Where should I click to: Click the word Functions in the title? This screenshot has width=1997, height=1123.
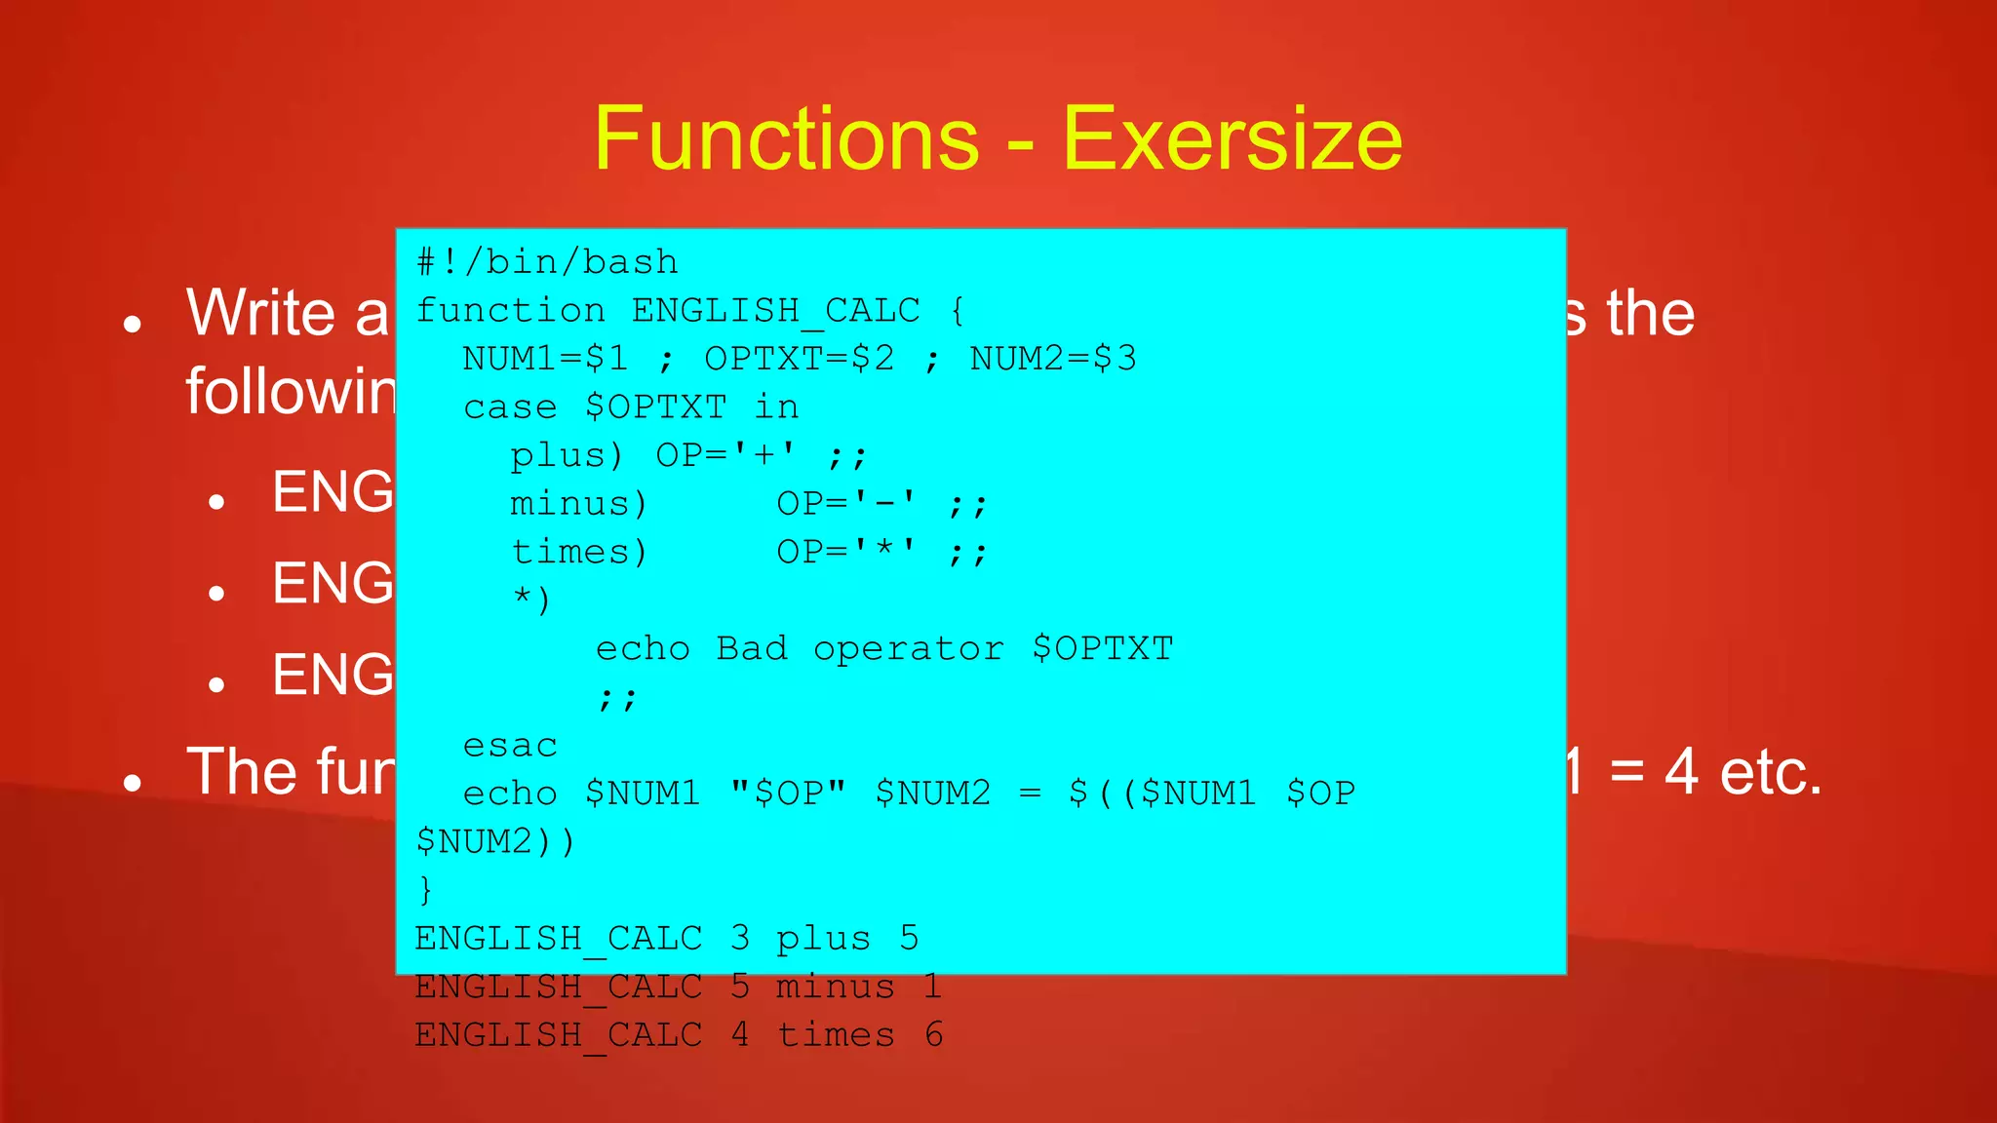click(x=786, y=138)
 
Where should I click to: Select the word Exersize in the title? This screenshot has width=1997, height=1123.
click(x=1233, y=138)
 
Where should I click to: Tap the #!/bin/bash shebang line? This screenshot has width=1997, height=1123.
click(x=547, y=262)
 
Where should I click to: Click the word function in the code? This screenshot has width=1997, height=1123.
click(x=510, y=311)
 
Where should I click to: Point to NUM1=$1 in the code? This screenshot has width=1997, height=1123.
click(x=545, y=359)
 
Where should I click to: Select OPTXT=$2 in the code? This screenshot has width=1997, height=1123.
click(x=799, y=359)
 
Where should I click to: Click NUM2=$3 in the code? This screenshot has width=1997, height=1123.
click(x=1052, y=359)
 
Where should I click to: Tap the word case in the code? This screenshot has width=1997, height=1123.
click(x=510, y=407)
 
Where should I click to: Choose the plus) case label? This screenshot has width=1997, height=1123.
click(x=566, y=455)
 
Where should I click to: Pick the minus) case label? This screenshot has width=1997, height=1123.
click(x=578, y=504)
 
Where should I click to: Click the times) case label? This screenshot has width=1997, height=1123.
click(x=578, y=553)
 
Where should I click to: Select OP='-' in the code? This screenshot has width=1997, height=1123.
click(x=846, y=504)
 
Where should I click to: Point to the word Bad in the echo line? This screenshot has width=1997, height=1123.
click(x=751, y=649)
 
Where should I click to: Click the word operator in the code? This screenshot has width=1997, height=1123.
click(x=908, y=649)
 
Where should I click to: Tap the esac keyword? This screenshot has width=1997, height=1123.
click(x=510, y=746)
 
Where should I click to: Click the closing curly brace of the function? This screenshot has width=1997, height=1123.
click(x=425, y=890)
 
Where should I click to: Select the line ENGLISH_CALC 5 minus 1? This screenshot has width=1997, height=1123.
click(x=678, y=987)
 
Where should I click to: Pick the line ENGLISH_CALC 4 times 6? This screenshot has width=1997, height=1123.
click(x=678, y=1035)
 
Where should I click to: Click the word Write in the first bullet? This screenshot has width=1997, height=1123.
click(x=260, y=313)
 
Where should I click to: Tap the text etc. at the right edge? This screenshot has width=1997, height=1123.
click(x=1770, y=772)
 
